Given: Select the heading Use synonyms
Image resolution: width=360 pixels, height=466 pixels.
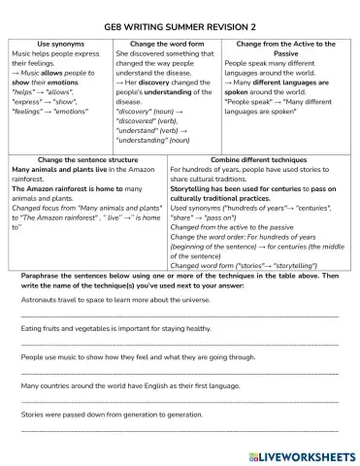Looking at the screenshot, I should [x=60, y=44].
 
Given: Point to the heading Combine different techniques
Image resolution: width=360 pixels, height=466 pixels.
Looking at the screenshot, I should [x=256, y=158].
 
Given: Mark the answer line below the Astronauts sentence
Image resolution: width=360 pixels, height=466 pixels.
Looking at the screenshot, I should [x=180, y=316].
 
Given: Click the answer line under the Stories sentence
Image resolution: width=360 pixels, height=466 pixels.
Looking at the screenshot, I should [x=180, y=428].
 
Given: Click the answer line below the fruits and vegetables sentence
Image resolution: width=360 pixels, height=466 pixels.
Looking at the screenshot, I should [x=180, y=344].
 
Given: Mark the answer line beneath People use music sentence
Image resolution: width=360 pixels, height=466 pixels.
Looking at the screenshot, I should [x=180, y=372].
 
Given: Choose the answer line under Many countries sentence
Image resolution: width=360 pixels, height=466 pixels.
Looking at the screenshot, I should [x=180, y=400].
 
